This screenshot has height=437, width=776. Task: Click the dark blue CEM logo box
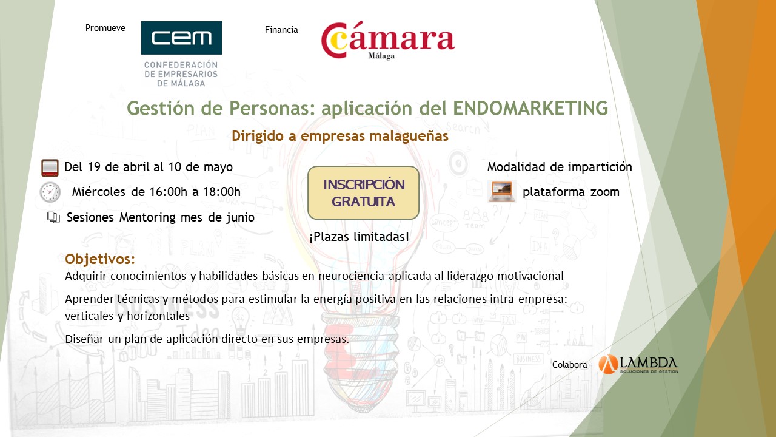pyautogui.click(x=181, y=38)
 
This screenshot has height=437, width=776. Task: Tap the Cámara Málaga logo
pyautogui.click(x=387, y=40)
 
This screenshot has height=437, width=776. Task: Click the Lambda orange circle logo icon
pyautogui.click(x=608, y=364)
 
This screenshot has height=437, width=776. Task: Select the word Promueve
pyautogui.click(x=105, y=28)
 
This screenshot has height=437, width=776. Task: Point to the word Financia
pyautogui.click(x=281, y=30)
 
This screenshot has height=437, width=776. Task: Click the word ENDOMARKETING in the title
pyautogui.click(x=530, y=108)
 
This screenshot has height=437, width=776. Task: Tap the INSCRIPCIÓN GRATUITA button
pyautogui.click(x=363, y=193)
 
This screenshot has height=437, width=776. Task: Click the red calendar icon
pyautogui.click(x=50, y=168)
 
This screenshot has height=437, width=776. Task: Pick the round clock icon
pyautogui.click(x=50, y=192)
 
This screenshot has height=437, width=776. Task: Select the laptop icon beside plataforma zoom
pyautogui.click(x=501, y=191)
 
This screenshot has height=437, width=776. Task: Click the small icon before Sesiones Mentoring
pyautogui.click(x=54, y=217)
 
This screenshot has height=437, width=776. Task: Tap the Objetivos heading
pyautogui.click(x=100, y=259)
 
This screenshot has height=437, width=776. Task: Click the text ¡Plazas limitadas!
pyautogui.click(x=360, y=237)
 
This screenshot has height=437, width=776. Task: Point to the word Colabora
pyautogui.click(x=569, y=365)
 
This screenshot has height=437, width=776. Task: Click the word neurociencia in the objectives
pyautogui.click(x=351, y=276)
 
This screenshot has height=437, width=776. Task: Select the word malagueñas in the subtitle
pyautogui.click(x=409, y=136)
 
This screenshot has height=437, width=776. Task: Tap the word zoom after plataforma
pyautogui.click(x=605, y=192)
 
